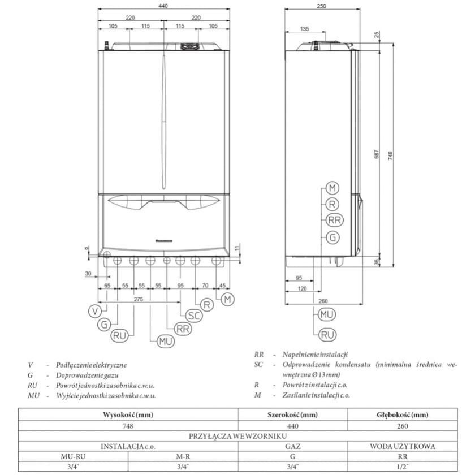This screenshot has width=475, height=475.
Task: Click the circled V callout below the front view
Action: (96, 310)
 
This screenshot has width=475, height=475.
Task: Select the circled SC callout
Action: (194, 315)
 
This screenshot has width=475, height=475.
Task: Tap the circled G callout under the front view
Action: (104, 325)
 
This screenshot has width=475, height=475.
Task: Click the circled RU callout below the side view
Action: (326, 335)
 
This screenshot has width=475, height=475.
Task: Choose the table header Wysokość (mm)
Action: (128, 414)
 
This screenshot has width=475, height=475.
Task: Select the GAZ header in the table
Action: (292, 446)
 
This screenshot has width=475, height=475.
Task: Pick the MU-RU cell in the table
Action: (73, 456)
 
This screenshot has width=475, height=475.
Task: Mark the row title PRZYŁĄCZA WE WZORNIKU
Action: (237, 435)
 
